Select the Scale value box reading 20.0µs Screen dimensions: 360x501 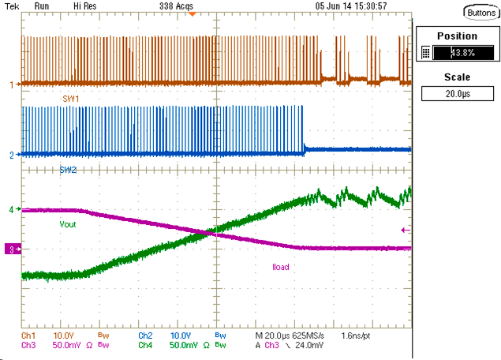coord(458,93)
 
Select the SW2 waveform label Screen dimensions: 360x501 coord(69,170)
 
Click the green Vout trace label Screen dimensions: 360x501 coord(69,224)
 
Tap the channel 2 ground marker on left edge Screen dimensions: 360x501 coord(11,155)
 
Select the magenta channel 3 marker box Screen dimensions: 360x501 coord(11,249)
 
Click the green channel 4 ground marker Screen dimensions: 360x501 coord(11,210)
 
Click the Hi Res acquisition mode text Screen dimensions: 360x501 coord(87,6)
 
